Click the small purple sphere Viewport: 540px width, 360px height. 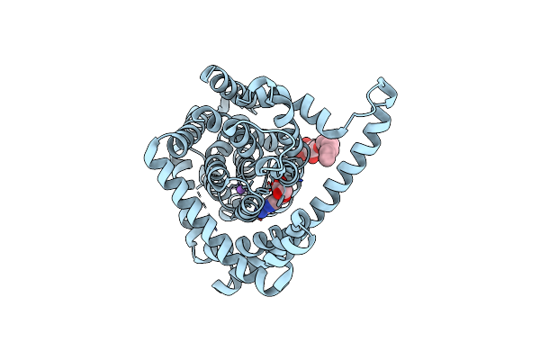pyautogui.click(x=239, y=190)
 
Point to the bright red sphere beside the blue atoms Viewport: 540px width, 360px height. pyautogui.click(x=277, y=191)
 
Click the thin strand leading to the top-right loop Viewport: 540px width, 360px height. pyautogui.click(x=355, y=112)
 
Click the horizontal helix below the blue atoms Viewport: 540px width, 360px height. pyautogui.click(x=270, y=236)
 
